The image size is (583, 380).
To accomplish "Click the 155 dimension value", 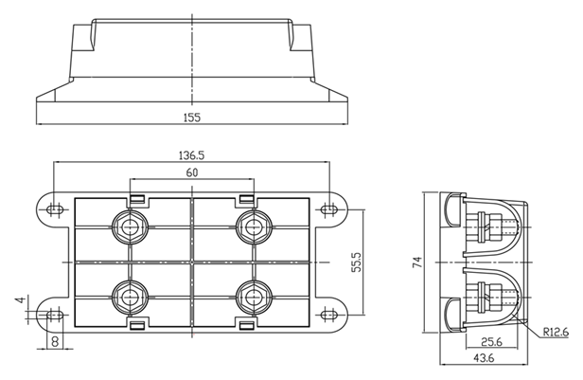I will point(192,116).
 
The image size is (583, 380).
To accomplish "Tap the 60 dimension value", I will point(192,172).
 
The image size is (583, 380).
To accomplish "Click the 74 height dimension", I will point(416,262).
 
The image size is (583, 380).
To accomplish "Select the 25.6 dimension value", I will point(491,342).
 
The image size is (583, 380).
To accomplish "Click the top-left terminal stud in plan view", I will point(128,226).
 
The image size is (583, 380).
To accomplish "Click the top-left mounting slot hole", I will point(54,208).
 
